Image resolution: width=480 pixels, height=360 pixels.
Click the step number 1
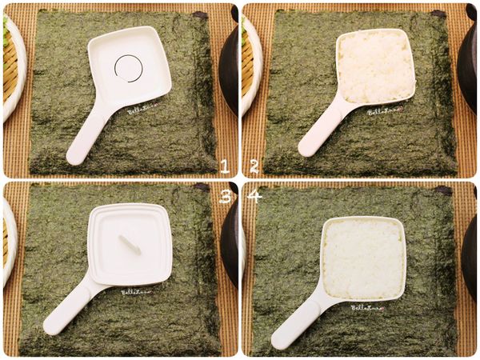click(225, 166)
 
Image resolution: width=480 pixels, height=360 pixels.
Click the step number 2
click(254, 166)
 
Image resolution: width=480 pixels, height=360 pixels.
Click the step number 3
click(225, 196)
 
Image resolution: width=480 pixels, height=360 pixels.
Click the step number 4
click(254, 196)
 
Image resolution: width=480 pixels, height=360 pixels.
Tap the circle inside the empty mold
click(127, 68)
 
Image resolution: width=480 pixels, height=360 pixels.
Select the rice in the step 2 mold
click(375, 66)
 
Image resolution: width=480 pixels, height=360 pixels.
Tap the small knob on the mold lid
click(130, 245)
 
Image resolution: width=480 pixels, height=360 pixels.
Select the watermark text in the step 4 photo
click(367, 307)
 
